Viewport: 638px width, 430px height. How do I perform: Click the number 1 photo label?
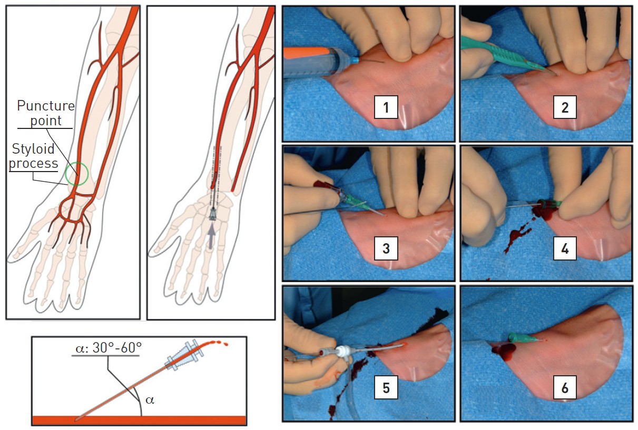click(x=386, y=107)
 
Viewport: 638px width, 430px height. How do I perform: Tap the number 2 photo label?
click(x=565, y=107)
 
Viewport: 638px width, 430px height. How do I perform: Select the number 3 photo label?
click(x=386, y=248)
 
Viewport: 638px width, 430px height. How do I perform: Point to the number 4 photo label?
click(x=565, y=248)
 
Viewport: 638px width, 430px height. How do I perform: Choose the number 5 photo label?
click(x=386, y=387)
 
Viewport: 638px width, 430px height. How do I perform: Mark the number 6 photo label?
click(x=565, y=387)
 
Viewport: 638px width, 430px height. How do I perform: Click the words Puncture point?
click(x=45, y=113)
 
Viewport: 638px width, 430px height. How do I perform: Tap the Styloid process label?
click(x=33, y=156)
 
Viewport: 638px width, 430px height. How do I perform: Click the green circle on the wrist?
click(x=65, y=174)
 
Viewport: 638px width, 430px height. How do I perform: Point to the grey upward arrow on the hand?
click(x=211, y=236)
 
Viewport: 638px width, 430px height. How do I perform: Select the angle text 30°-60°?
click(x=108, y=348)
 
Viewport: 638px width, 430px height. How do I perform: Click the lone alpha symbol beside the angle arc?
click(x=150, y=400)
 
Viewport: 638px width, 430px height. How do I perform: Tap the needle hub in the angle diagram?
click(x=184, y=355)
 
